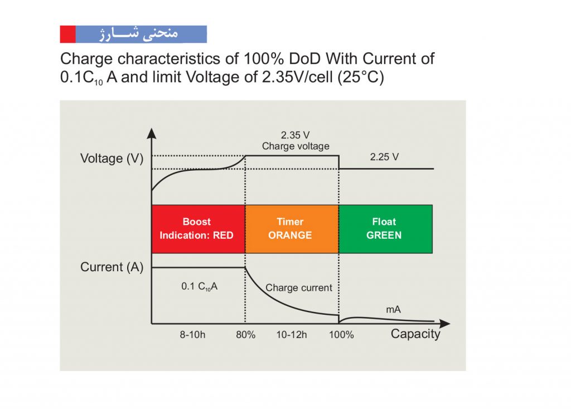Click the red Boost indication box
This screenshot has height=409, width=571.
pos(198,229)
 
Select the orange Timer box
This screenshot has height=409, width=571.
pos(292,229)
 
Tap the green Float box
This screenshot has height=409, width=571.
pos(386,229)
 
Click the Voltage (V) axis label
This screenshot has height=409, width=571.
pos(112,158)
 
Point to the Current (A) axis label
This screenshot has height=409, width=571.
pos(112,267)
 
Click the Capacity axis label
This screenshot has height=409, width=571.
pos(415,334)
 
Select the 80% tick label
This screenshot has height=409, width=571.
pos(245,335)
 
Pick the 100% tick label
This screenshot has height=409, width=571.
pos(341,335)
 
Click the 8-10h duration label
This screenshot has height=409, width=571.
pos(192,335)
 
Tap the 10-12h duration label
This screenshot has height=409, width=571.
pos(291,335)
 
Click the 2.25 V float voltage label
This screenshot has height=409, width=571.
pos(384,157)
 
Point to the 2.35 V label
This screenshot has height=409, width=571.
pos(295,135)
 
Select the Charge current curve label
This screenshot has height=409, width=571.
pos(299,288)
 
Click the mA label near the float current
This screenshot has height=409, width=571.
pos(393,310)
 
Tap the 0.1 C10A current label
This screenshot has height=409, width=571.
pos(199,286)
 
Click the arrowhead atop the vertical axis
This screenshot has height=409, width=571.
pos(152,133)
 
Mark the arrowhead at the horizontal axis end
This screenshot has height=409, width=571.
pos(445,323)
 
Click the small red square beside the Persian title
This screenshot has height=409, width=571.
pos(67,34)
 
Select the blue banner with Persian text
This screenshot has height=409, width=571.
pos(141,34)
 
